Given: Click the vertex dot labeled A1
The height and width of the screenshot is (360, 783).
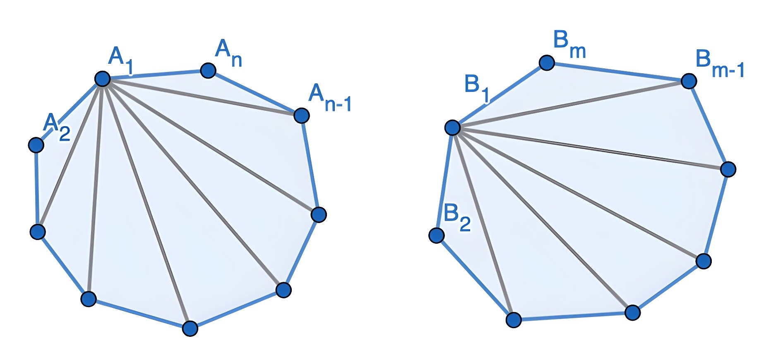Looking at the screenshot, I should [102, 78].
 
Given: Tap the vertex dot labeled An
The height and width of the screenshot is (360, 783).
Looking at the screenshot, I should [208, 70].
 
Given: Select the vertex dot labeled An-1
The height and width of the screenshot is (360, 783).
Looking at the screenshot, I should [301, 115].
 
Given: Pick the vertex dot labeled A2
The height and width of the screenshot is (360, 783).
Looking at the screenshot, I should [36, 145].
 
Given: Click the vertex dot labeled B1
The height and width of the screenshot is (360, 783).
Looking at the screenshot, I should [452, 127].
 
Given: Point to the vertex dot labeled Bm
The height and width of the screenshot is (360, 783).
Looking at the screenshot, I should [547, 63].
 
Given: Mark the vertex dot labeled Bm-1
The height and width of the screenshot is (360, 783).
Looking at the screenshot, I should [689, 81].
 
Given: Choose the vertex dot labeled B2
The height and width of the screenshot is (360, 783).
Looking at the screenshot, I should [436, 235].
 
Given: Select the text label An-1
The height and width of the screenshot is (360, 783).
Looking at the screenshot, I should [329, 98].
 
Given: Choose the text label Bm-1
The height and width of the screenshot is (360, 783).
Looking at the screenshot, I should [719, 64].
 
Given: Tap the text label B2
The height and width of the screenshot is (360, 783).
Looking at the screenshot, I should [456, 218].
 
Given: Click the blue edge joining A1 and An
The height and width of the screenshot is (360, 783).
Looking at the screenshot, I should [155, 74].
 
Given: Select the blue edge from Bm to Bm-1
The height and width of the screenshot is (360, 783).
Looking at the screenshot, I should [617, 72].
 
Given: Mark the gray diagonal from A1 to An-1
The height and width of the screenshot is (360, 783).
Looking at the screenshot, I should [202, 97].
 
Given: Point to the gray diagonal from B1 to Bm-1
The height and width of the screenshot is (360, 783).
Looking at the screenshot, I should [570, 104].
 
